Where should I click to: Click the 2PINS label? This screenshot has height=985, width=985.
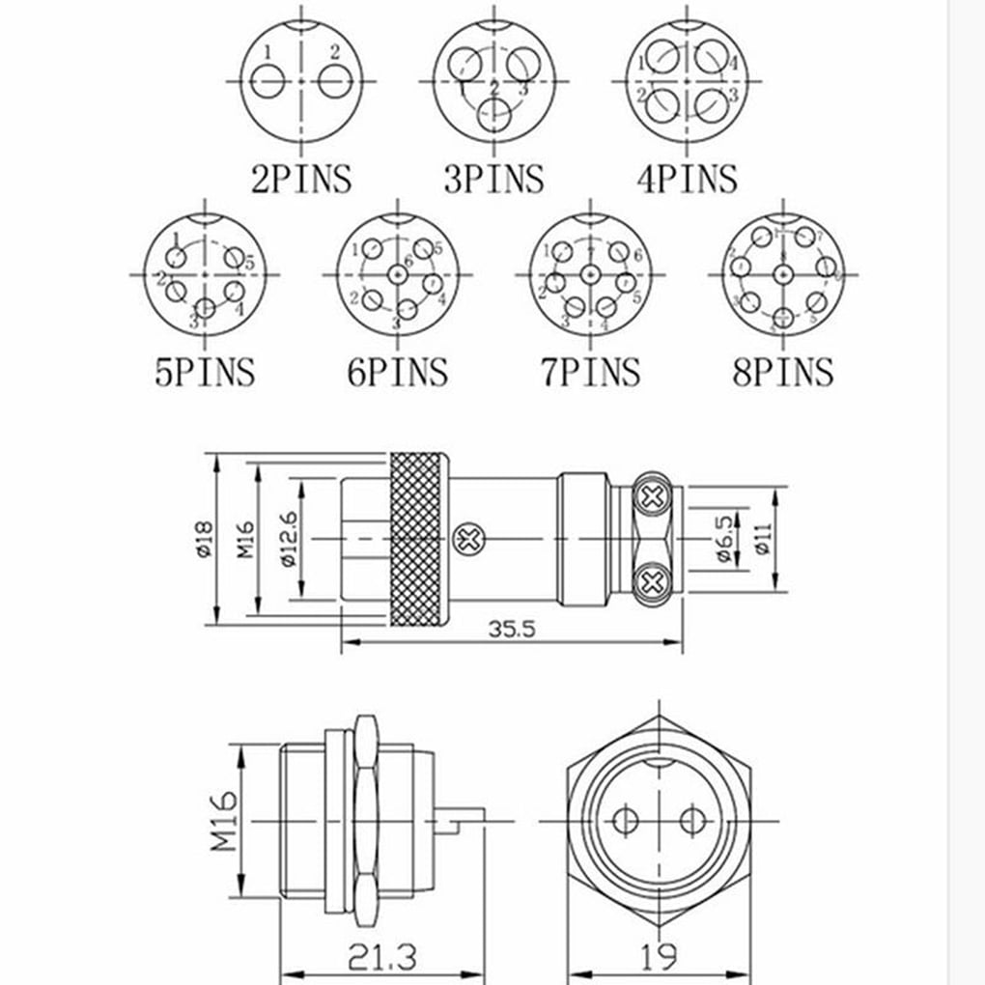[x=300, y=179]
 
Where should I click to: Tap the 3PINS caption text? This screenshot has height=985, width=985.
[x=493, y=179]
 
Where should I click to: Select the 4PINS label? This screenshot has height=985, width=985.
[x=687, y=179]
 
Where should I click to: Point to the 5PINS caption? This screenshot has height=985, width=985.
[x=205, y=372]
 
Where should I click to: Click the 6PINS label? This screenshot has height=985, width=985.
[x=397, y=372]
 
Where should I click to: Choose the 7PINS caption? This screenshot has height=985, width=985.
[x=590, y=372]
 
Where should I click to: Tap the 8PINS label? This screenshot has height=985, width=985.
[x=782, y=372]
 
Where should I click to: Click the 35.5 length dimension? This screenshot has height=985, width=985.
[x=512, y=629]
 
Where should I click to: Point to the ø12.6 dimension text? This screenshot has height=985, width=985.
[x=286, y=539]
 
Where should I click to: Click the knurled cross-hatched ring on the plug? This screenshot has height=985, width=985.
[x=417, y=539]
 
